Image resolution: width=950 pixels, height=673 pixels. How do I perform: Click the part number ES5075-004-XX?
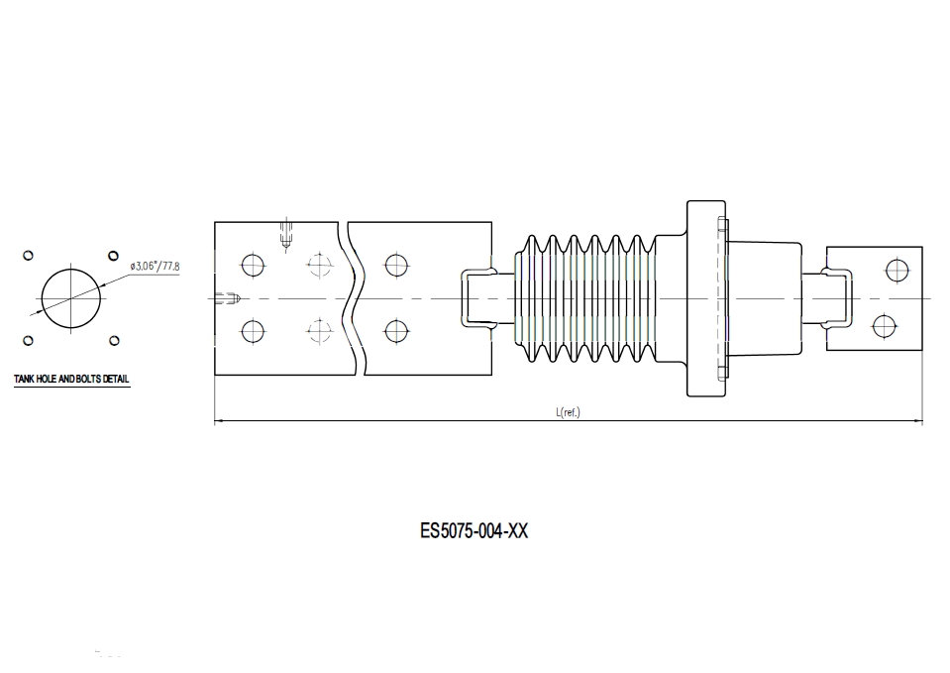474,531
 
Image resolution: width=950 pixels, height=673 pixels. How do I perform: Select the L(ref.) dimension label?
568,412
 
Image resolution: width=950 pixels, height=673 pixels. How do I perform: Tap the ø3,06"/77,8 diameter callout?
155,267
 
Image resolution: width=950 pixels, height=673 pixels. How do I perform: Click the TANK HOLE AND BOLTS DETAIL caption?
71,380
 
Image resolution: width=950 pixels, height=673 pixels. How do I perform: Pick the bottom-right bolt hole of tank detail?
114,341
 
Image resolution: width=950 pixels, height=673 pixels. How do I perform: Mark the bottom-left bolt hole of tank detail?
28,341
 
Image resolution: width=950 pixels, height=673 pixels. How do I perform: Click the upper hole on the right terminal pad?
897,270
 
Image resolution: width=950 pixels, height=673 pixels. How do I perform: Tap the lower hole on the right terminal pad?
884,326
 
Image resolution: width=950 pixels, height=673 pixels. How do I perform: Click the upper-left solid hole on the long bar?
253,265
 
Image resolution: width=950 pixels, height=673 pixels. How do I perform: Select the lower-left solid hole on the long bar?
253,330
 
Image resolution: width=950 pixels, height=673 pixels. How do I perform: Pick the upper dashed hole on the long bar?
318,265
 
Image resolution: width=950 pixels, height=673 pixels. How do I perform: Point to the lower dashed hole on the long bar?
318,330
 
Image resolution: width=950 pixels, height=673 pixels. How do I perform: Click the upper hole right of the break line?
396,265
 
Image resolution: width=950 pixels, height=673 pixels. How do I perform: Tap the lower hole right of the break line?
396,330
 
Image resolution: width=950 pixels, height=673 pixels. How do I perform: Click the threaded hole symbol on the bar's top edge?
286,234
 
